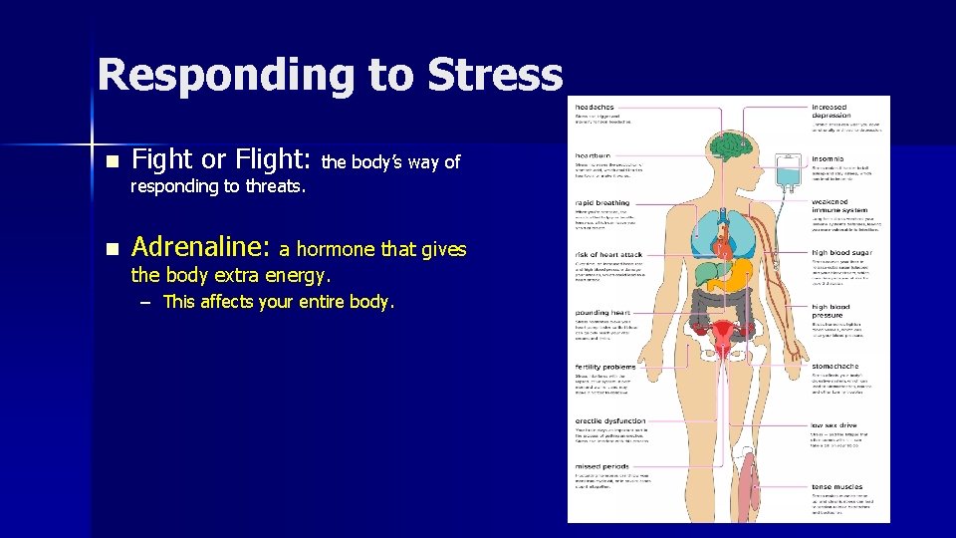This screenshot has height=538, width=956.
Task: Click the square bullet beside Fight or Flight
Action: tap(112, 161)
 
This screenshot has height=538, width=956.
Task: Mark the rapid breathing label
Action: tap(601, 203)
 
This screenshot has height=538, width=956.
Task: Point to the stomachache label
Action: tap(835, 367)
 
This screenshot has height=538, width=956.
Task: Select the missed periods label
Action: tap(601, 466)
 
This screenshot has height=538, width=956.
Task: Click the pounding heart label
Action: tap(603, 312)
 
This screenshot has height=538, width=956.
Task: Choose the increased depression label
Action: tap(831, 111)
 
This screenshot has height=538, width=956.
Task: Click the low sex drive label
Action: tap(834, 425)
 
